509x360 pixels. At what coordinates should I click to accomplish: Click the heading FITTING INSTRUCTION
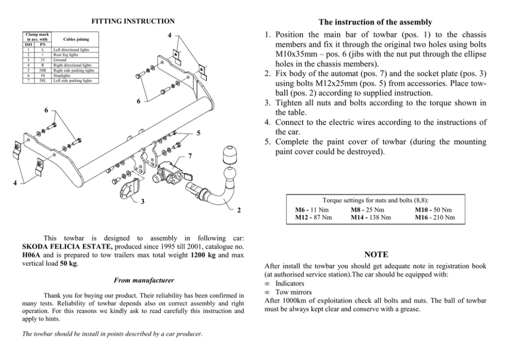click(x=133, y=22)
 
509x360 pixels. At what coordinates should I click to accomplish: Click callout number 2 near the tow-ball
click(x=239, y=211)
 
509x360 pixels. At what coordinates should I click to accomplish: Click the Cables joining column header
click(x=75, y=39)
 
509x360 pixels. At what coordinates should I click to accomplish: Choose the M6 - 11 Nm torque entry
click(x=312, y=210)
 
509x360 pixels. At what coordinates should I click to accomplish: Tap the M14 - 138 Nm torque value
click(x=371, y=217)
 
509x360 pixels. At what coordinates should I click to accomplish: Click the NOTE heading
click(x=376, y=255)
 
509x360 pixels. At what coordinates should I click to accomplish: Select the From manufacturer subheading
click(x=143, y=280)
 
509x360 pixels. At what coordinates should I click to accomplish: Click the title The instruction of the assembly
click(x=375, y=23)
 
